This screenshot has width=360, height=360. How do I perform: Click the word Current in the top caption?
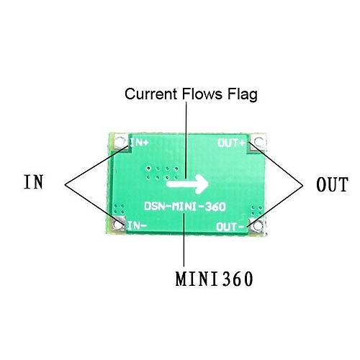coord(150,94)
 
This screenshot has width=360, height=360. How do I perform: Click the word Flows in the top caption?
coord(202,94)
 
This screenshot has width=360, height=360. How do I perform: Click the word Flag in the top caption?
coord(243,94)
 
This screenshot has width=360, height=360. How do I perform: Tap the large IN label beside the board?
coord(34,181)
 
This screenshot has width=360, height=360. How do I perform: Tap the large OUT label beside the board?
coord(332,184)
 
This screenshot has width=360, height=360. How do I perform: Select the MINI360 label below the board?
coord(214,279)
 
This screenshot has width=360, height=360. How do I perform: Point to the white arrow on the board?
coord(188,184)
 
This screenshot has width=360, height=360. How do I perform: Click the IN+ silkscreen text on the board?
coord(140,143)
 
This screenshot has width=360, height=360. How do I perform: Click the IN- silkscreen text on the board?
coord(137,225)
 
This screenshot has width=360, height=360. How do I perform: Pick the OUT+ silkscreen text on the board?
coord(231,143)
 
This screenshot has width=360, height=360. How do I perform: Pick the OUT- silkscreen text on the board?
coord(230,227)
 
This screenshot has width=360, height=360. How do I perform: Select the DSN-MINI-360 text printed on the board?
coord(185,207)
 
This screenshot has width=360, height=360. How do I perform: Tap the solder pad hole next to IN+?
coord(120,141)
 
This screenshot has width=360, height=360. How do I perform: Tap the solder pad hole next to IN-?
coord(117,225)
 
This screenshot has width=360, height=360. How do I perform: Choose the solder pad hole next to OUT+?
coord(258,142)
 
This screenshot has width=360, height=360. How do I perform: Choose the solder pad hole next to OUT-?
coord(258,226)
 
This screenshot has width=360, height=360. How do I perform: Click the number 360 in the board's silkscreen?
coord(215,207)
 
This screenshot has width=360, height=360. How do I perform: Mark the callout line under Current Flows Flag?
coord(186,140)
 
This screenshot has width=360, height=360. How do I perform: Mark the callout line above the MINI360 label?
coord(184,239)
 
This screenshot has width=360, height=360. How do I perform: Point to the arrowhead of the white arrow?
coord(202,184)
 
